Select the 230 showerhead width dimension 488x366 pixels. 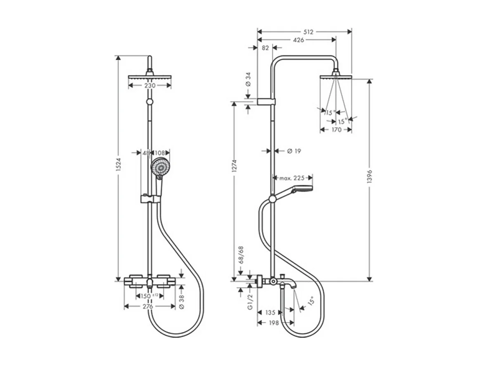click(x=149, y=86)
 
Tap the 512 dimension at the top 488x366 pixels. click(x=308, y=31)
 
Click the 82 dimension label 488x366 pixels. click(x=265, y=48)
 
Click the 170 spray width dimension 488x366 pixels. click(x=336, y=130)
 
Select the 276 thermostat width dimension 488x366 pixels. click(x=149, y=306)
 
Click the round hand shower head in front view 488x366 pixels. click(x=159, y=168)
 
